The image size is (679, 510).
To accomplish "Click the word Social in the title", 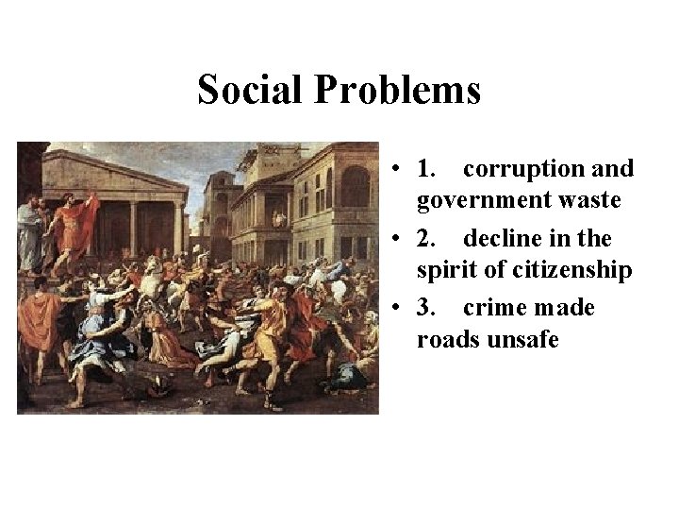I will point(251,91).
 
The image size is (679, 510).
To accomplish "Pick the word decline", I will point(508,238).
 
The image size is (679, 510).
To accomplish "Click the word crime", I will point(494,308).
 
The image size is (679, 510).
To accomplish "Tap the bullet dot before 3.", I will point(401,309).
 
